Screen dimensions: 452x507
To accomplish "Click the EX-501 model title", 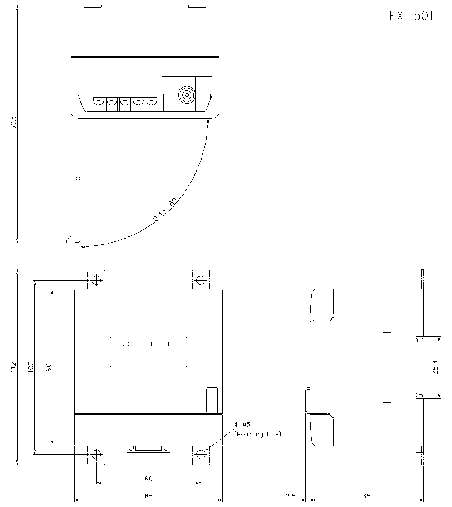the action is pyautogui.click(x=411, y=15).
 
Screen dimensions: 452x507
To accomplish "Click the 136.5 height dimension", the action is pyautogui.click(x=13, y=124).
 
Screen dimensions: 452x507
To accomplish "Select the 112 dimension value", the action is pyautogui.click(x=13, y=367).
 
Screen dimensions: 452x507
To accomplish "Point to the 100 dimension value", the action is pyautogui.click(x=31, y=367).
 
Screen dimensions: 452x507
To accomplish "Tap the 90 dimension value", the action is pyautogui.click(x=48, y=367).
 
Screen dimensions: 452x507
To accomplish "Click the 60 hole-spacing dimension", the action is pyautogui.click(x=148, y=479).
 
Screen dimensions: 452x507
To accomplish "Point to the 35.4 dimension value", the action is pyautogui.click(x=436, y=367).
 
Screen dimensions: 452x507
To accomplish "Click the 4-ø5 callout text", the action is pyautogui.click(x=242, y=424).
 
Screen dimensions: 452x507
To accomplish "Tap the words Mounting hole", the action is pyautogui.click(x=259, y=434).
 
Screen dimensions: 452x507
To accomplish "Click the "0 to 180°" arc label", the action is pyautogui.click(x=165, y=209).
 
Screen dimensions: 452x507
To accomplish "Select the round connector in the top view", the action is pyautogui.click(x=187, y=95).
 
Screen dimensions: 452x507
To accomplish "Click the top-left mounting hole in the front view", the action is pyautogui.click(x=96, y=280).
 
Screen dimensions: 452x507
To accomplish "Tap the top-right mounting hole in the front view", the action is pyautogui.click(x=201, y=280).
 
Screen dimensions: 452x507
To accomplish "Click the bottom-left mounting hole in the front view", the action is pyautogui.click(x=96, y=455).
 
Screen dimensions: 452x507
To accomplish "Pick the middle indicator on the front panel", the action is pyautogui.click(x=149, y=344).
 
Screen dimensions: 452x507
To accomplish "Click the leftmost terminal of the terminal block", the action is pyautogui.click(x=98, y=104).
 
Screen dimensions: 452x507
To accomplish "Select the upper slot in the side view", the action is pyautogui.click(x=387, y=320).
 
